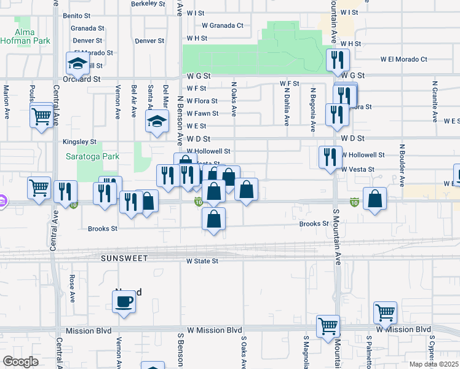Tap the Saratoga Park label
click(93, 157)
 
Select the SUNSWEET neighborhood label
click(125, 258)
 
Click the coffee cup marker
click(124, 301)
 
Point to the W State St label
click(202, 261)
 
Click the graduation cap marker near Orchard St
click(78, 63)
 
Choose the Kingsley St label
click(80, 142)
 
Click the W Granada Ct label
click(223, 26)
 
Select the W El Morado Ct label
click(403, 60)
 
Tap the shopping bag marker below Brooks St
click(213, 219)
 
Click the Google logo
click(20, 362)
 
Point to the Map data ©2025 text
click(435, 364)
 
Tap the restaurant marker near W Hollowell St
click(330, 157)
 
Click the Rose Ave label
click(72, 288)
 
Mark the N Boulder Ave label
click(401, 165)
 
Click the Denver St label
click(149, 41)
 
